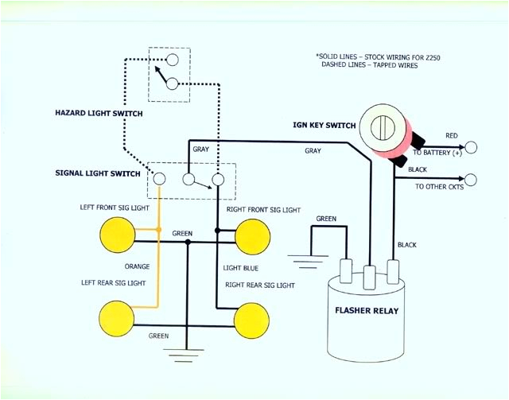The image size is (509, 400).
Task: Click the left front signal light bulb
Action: click(117, 236)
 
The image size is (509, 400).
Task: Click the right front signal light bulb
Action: click(253, 236)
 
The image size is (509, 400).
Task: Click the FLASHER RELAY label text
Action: click(367, 310)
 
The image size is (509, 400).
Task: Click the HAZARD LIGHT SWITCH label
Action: click(99, 114)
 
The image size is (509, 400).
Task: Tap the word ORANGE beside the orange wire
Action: click(137, 266)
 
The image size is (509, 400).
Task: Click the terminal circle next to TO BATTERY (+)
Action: click(472, 147)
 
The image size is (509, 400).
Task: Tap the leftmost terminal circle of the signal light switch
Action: click(159, 179)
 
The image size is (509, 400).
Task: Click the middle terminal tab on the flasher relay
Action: click(369, 276)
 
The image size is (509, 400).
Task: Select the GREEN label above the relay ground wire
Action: click(326, 218)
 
